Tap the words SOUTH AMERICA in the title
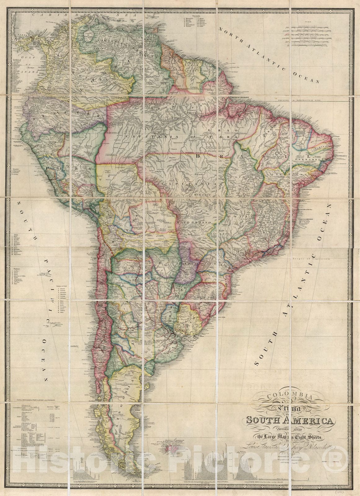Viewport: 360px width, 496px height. point(290,421)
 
